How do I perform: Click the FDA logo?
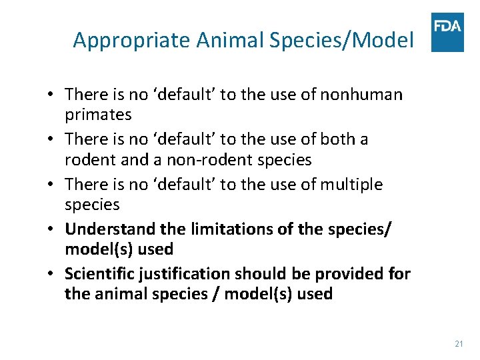coord(447,32)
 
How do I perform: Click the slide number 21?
coord(458,343)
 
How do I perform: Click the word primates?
coord(98,115)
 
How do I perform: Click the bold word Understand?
coord(114,229)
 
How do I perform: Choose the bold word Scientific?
coord(103,274)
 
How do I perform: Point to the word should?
coord(276,274)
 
